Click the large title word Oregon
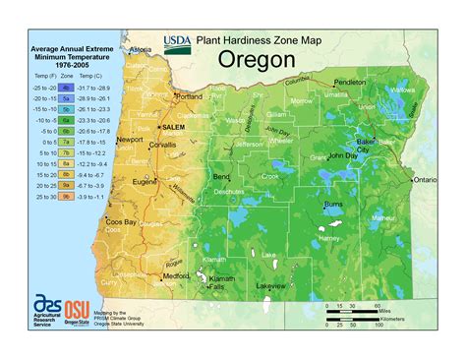click(251, 61)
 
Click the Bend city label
click(221, 176)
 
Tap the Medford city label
click(177, 276)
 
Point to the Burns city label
click(334, 205)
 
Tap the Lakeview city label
click(271, 285)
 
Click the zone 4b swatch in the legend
click(65, 88)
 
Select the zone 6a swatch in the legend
click(65, 117)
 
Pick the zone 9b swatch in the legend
click(65, 196)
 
